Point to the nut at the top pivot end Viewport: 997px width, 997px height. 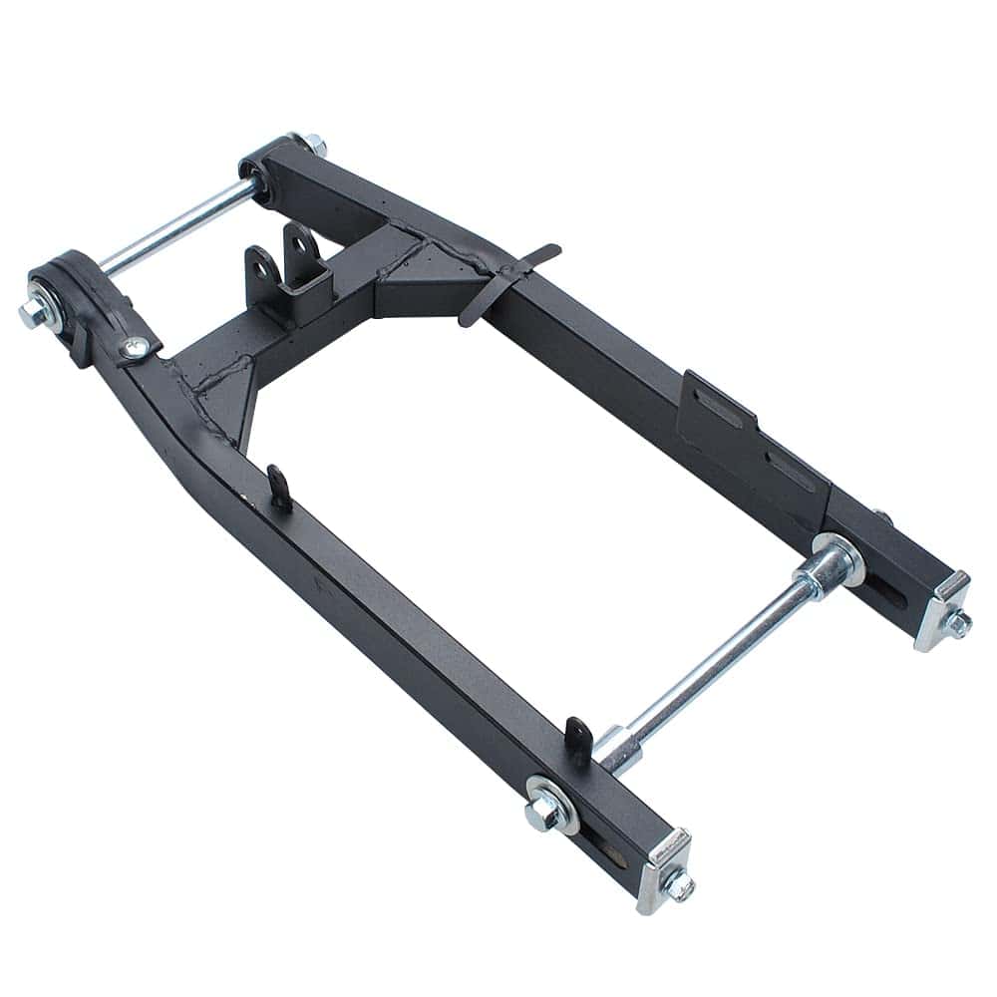(x=317, y=148)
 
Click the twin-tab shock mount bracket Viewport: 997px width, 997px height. (x=286, y=261)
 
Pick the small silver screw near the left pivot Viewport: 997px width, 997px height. (x=134, y=346)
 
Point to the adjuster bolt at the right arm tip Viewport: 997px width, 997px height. (x=960, y=625)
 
